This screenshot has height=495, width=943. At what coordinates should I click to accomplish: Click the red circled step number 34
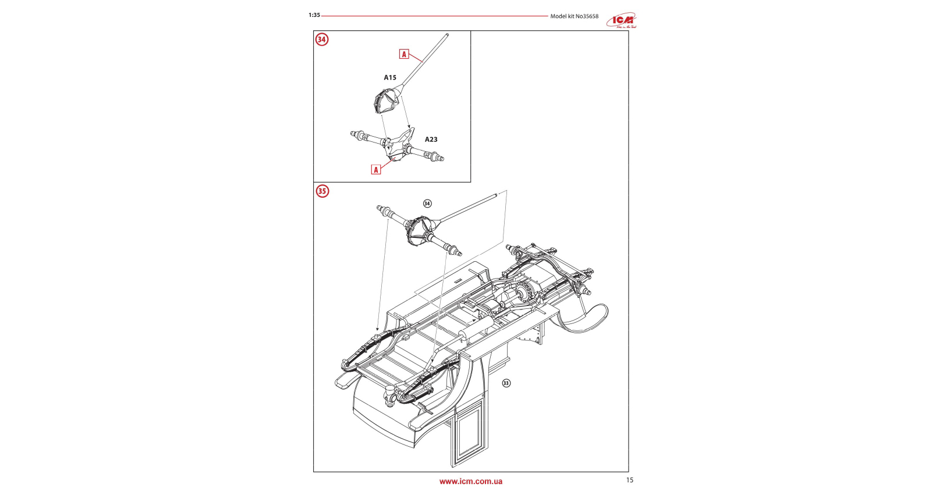pyautogui.click(x=322, y=40)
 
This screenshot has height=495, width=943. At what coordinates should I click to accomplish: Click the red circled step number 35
pyautogui.click(x=322, y=191)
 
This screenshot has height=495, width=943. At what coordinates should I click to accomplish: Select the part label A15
pyautogui.click(x=390, y=77)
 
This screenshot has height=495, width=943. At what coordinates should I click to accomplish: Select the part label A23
pyautogui.click(x=431, y=140)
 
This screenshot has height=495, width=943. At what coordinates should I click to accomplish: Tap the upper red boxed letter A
pyautogui.click(x=404, y=54)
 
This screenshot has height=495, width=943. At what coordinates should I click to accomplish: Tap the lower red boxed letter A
pyautogui.click(x=376, y=170)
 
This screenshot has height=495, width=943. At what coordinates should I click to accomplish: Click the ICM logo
pyautogui.click(x=621, y=20)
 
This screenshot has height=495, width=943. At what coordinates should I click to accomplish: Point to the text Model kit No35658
pyautogui.click(x=574, y=16)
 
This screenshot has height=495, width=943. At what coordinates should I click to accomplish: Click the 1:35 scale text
pyautogui.click(x=314, y=15)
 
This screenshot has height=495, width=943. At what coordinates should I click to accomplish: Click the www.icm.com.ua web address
pyautogui.click(x=470, y=482)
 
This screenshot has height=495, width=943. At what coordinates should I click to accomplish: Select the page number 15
pyautogui.click(x=629, y=480)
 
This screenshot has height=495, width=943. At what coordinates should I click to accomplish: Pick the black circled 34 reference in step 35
pyautogui.click(x=427, y=204)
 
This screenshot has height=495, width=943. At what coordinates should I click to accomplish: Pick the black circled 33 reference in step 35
pyautogui.click(x=506, y=383)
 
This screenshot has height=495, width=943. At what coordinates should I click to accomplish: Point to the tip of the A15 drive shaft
pyautogui.click(x=448, y=35)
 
